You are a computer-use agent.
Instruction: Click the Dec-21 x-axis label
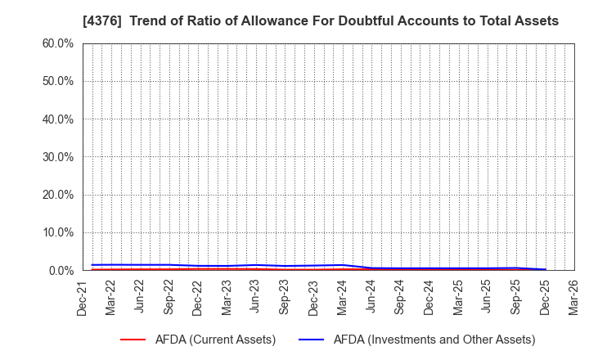point(82,296)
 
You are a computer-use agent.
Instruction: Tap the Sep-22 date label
point(169,296)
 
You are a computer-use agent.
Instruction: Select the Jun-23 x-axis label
point(255,296)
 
